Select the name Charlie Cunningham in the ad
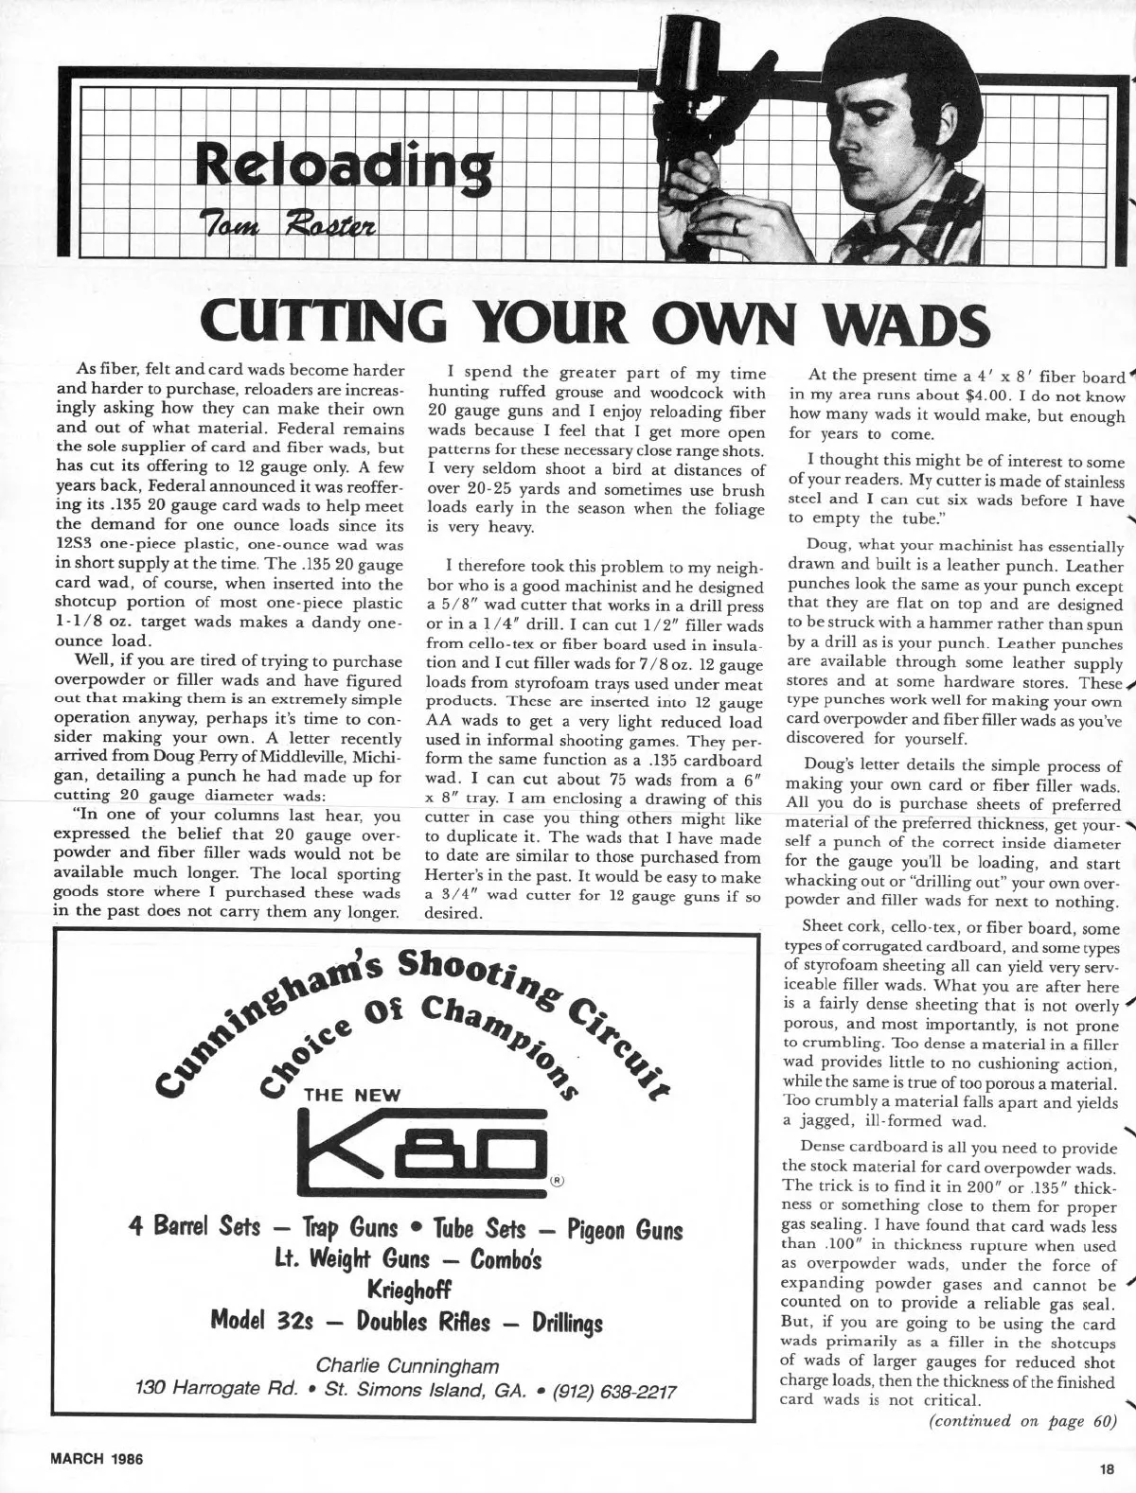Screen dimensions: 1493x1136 point(408,1366)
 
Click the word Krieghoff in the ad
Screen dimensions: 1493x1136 point(407,1290)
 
